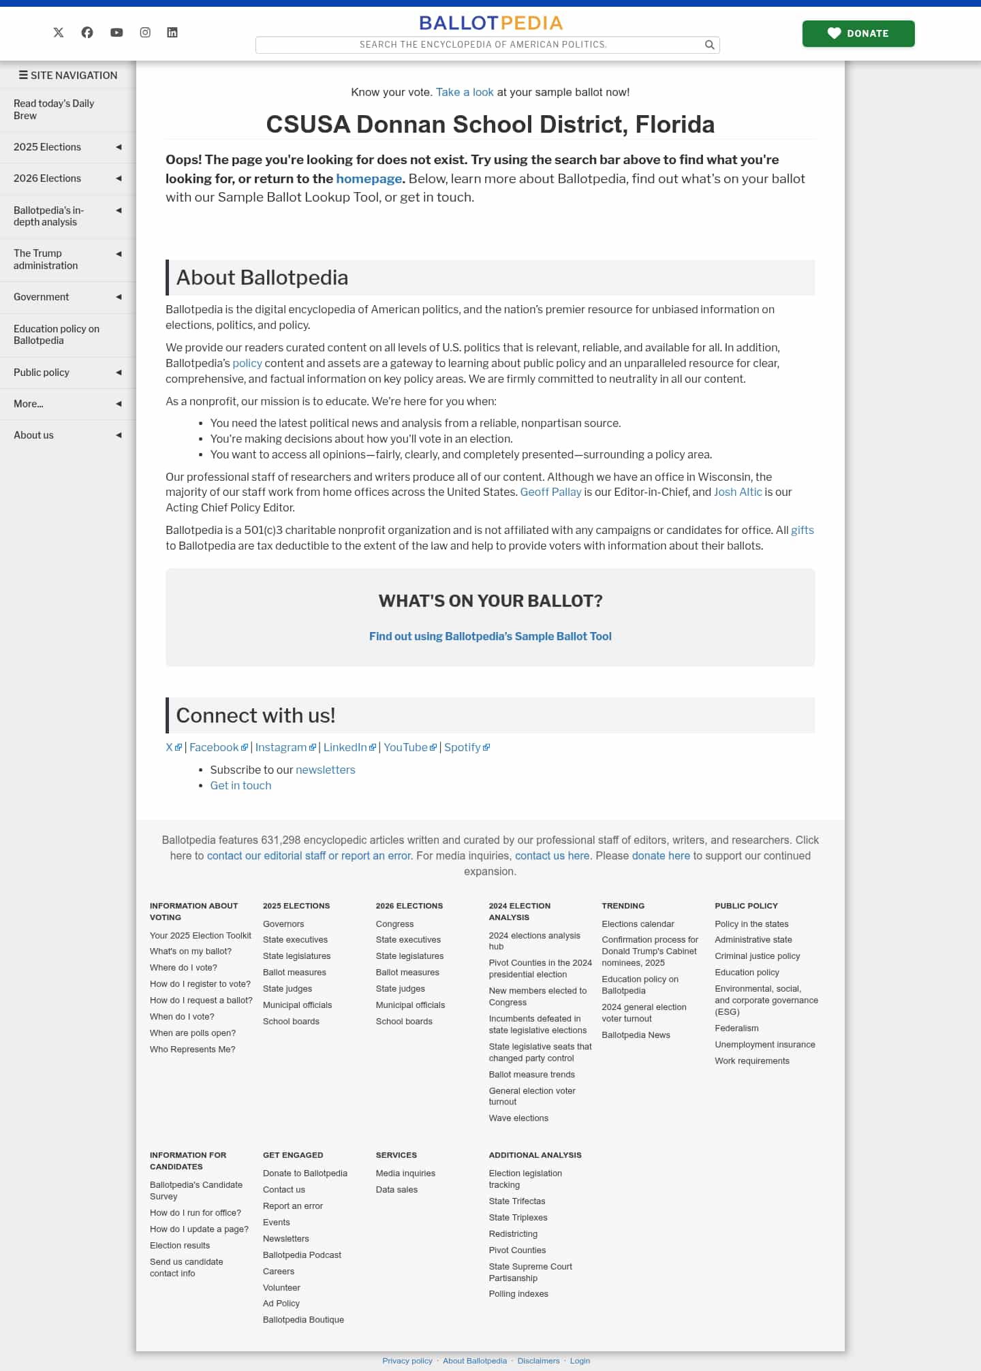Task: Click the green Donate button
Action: pyautogui.click(x=858, y=33)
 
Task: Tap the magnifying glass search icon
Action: pyautogui.click(x=709, y=45)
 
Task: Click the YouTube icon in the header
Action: pyautogui.click(x=116, y=33)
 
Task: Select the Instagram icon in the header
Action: pyautogui.click(x=145, y=33)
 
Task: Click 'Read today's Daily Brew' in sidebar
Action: pyautogui.click(x=54, y=110)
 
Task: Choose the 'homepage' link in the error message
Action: pyautogui.click(x=369, y=178)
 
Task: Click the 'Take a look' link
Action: pyautogui.click(x=465, y=92)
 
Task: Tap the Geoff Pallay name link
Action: pyautogui.click(x=550, y=492)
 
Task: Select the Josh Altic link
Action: pyautogui.click(x=738, y=492)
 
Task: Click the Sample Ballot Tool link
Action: pyautogui.click(x=490, y=636)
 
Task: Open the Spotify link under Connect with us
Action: pyautogui.click(x=463, y=747)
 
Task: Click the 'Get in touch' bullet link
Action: pyautogui.click(x=240, y=785)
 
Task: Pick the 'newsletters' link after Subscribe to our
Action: pyautogui.click(x=325, y=770)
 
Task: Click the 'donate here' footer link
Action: pyautogui.click(x=660, y=855)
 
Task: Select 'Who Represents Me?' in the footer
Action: pyautogui.click(x=193, y=1049)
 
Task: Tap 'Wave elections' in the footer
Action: pyautogui.click(x=518, y=1118)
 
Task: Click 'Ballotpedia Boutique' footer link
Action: pyautogui.click(x=303, y=1319)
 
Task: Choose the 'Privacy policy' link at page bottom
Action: pyautogui.click(x=407, y=1361)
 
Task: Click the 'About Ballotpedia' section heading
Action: pyautogui.click(x=262, y=278)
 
